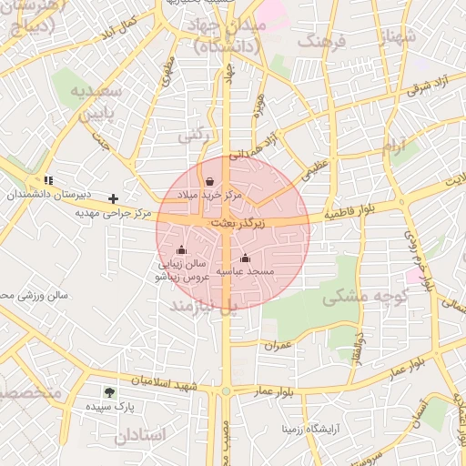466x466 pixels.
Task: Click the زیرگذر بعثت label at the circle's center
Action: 237,222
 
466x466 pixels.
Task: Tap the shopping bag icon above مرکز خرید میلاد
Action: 210,180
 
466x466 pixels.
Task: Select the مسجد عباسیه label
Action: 244,271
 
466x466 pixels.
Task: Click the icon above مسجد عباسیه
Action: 244,258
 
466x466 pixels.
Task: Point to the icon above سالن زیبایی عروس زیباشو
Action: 181,249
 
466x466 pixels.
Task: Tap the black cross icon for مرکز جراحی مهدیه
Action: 113,198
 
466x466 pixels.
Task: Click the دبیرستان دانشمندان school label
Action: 46,195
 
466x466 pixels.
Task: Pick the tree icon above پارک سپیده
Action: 110,393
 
